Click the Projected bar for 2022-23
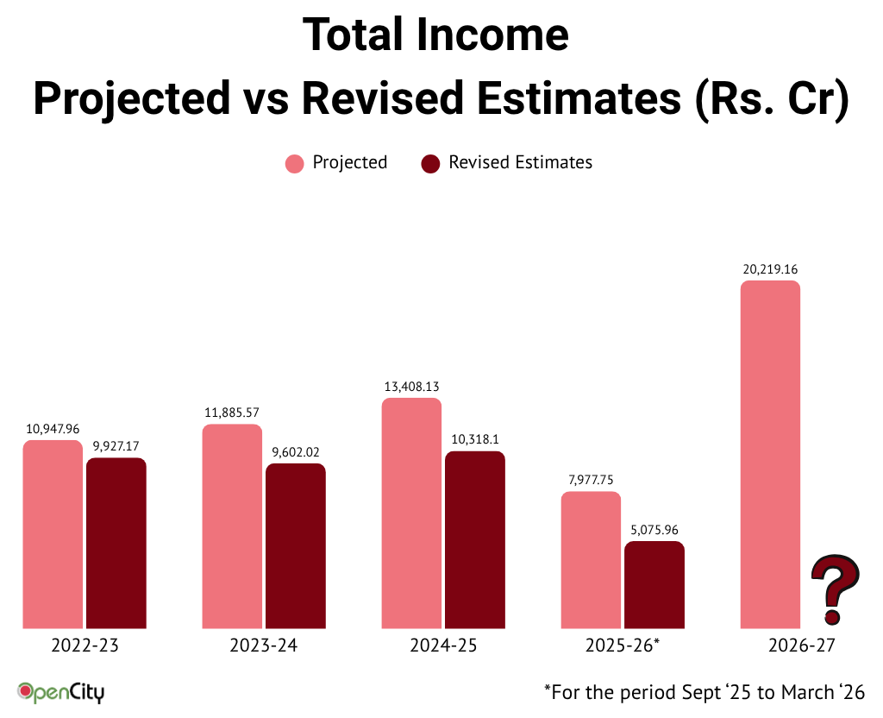[53, 534]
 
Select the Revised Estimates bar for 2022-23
[116, 543]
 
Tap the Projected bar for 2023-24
[232, 526]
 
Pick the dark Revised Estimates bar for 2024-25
[474, 539]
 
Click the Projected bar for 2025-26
[591, 560]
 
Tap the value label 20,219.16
[770, 269]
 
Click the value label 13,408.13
[411, 387]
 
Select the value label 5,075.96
[654, 530]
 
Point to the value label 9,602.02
[295, 452]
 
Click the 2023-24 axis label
[264, 646]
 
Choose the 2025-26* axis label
[622, 646]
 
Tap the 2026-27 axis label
[801, 646]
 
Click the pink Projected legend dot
[295, 163]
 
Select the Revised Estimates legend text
[520, 162]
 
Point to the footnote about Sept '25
[704, 691]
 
